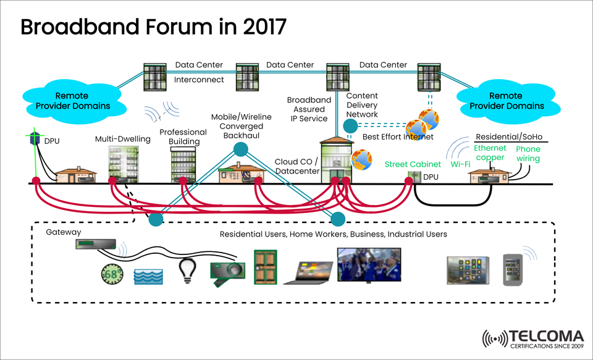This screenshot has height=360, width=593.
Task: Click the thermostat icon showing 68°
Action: pos(111,273)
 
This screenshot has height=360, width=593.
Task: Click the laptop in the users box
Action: pos(306,272)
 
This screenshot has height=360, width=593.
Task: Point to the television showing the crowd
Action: pos(369,264)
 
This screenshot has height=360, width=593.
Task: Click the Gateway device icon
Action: pos(94,245)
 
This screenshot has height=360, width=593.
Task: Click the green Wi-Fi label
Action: pos(460,165)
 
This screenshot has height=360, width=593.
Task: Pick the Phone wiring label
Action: pos(528,154)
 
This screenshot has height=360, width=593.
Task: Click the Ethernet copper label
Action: pos(490,153)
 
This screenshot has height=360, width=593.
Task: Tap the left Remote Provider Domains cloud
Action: pos(72,101)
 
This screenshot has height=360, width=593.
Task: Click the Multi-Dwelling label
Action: pos(122,139)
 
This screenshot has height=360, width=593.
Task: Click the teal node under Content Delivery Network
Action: pos(350,127)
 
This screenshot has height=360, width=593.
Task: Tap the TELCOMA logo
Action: pos(532,339)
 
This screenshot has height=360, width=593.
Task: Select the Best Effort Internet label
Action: pos(398,136)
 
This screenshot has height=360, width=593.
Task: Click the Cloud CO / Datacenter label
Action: pos(296,166)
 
